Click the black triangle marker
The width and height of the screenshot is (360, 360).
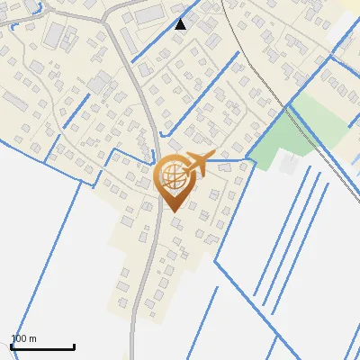[x=181, y=24]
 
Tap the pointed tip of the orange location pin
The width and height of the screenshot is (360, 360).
[x=170, y=211]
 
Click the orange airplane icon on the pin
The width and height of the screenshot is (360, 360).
[x=198, y=164]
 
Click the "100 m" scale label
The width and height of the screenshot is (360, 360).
[x=23, y=338]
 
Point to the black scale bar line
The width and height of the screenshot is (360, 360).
[x=42, y=347]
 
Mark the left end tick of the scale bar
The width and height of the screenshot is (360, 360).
[x=11, y=346]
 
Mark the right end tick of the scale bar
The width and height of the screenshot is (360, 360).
[x=74, y=346]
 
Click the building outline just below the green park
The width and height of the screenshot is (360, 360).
[x=288, y=164]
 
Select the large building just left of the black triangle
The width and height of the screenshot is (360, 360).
[x=149, y=13]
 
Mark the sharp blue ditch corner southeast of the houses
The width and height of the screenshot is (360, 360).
[x=216, y=264]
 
